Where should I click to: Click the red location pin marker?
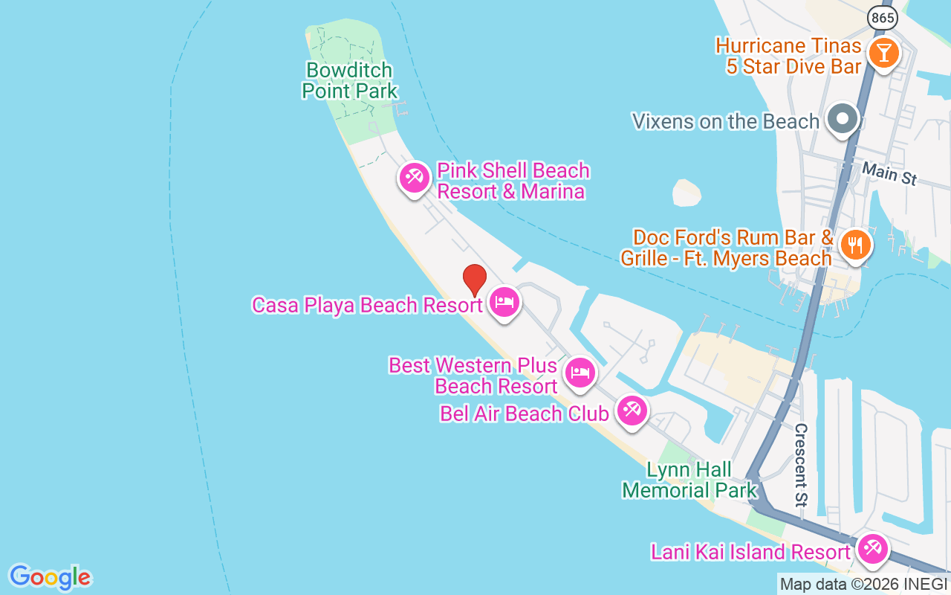pyautogui.click(x=475, y=280)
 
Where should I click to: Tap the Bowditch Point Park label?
pyautogui.click(x=350, y=80)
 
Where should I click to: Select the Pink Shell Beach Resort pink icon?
pyautogui.click(x=415, y=178)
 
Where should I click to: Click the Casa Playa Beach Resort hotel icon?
pyautogui.click(x=504, y=303)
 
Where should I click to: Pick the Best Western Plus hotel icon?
pyautogui.click(x=580, y=373)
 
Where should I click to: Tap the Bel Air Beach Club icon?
pyautogui.click(x=632, y=410)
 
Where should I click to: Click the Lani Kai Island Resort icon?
pyautogui.click(x=872, y=550)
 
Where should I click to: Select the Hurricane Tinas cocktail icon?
pyautogui.click(x=883, y=53)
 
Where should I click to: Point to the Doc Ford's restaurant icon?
pyautogui.click(x=856, y=244)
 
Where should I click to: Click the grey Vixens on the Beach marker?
pyautogui.click(x=842, y=119)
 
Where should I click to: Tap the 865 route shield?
pyautogui.click(x=882, y=19)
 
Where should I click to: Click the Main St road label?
pyautogui.click(x=889, y=174)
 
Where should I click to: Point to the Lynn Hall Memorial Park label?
pyautogui.click(x=689, y=480)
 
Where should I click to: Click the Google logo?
pyautogui.click(x=50, y=577)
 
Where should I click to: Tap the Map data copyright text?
pyautogui.click(x=863, y=585)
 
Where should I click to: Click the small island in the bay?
pyautogui.click(x=687, y=193)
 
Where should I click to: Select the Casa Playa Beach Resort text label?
pyautogui.click(x=367, y=305)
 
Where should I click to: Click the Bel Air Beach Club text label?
pyautogui.click(x=524, y=414)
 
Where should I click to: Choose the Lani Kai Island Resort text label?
pyautogui.click(x=750, y=552)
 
